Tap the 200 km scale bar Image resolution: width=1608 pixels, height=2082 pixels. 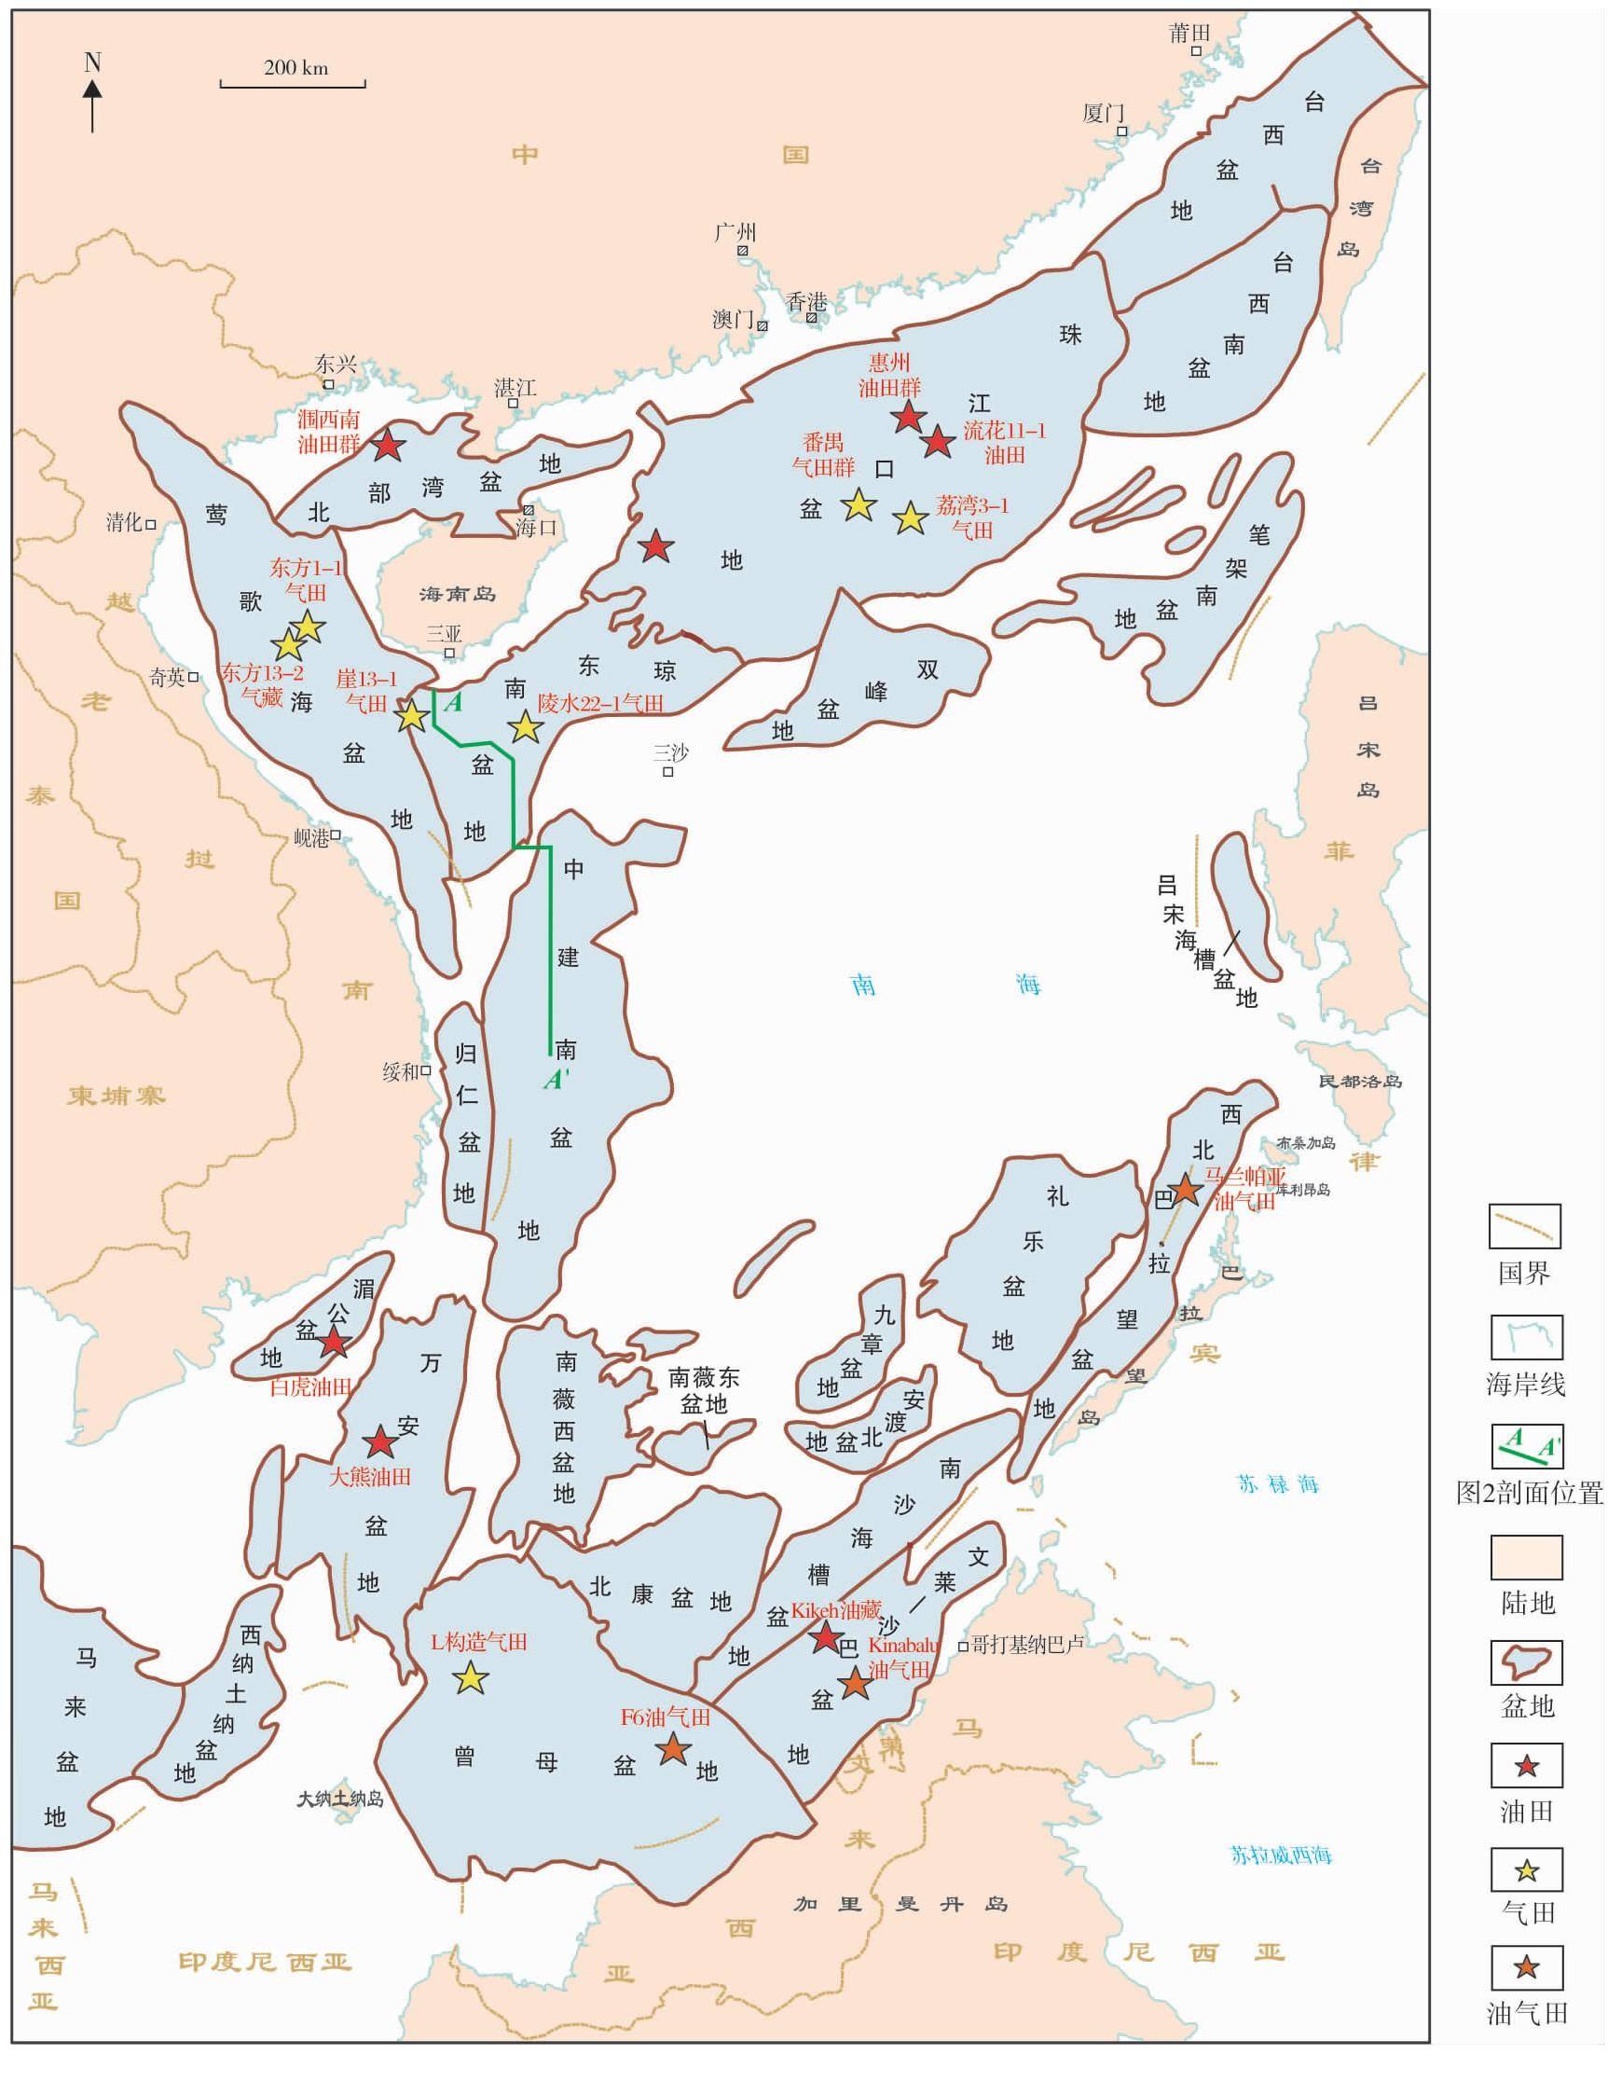[294, 84]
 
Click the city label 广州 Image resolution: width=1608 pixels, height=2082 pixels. [735, 231]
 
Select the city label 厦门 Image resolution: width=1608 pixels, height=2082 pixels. [1104, 114]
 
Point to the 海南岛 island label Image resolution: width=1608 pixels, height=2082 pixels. [458, 594]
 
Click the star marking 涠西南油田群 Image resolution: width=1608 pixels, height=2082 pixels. [387, 444]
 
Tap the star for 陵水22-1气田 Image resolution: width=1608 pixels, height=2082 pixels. [525, 727]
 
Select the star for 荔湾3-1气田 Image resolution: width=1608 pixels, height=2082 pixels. [912, 517]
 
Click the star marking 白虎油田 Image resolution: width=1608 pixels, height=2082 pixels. [334, 1344]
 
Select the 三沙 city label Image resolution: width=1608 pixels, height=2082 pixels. [671, 752]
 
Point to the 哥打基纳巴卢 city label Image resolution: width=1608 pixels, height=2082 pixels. [1026, 1644]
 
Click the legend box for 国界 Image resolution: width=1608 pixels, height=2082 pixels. [1524, 1227]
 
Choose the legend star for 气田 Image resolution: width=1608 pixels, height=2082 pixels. [1527, 1871]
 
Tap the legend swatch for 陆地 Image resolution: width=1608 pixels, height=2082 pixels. [1525, 1558]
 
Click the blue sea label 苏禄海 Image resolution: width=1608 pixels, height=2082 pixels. [1278, 1484]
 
